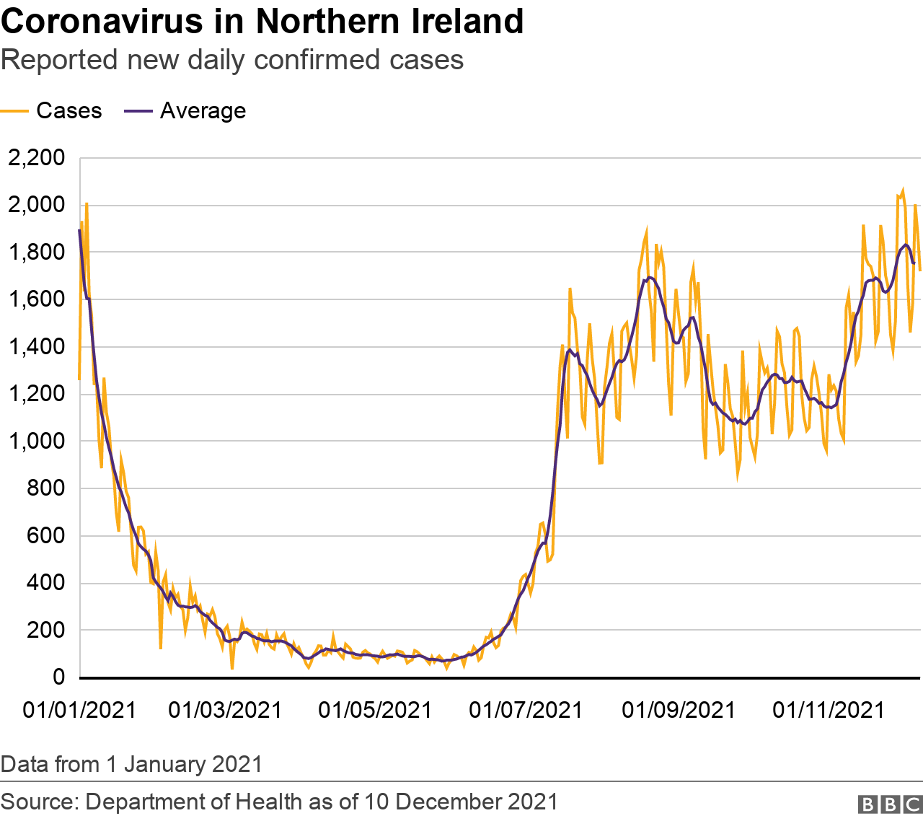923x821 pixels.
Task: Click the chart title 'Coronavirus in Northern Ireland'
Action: click(x=262, y=22)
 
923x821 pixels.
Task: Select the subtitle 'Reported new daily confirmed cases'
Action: click(x=232, y=60)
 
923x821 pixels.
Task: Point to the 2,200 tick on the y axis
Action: click(x=36, y=158)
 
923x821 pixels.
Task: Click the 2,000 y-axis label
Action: click(x=36, y=205)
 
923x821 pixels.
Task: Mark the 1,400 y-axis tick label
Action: click(x=36, y=347)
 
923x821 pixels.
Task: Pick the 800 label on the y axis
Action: click(x=45, y=488)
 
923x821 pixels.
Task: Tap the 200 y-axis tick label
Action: click(x=45, y=631)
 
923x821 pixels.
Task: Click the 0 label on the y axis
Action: click(x=58, y=677)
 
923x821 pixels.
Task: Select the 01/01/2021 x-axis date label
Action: click(x=79, y=710)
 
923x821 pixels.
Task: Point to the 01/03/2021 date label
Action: click(x=225, y=710)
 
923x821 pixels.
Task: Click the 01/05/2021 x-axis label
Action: click(x=375, y=710)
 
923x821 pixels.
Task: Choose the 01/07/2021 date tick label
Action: click(x=526, y=710)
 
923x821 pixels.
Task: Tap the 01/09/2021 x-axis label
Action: click(x=679, y=710)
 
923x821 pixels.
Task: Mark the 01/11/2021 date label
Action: click(x=829, y=710)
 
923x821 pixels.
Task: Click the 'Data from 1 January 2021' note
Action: click(x=131, y=763)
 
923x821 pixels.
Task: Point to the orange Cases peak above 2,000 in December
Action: click(x=902, y=190)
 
